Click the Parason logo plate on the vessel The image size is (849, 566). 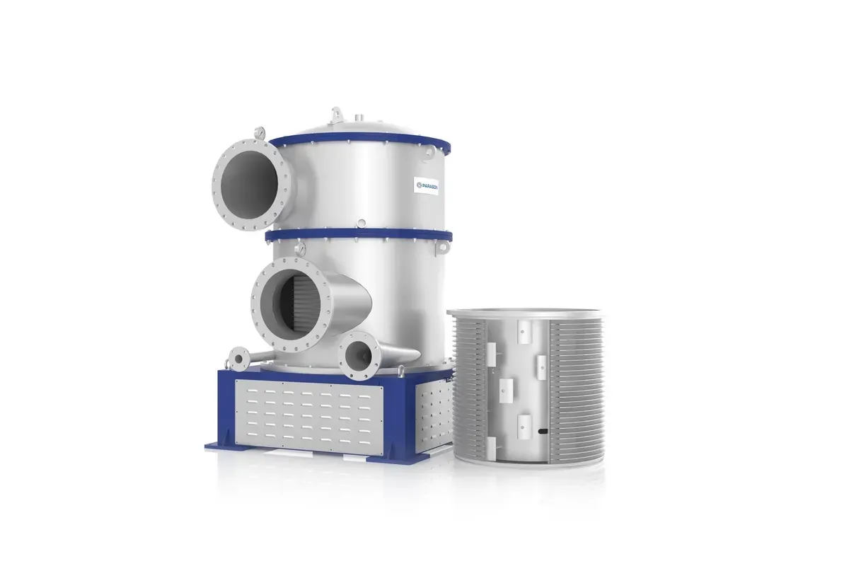pos(427,185)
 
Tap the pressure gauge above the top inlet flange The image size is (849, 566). pos(262,132)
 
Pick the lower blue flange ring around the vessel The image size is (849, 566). pos(361,236)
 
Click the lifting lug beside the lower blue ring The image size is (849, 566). pos(443,247)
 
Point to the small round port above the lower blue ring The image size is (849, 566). pos(361,224)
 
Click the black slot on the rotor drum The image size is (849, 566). pos(541,431)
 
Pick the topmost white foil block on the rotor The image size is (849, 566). pos(524,330)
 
